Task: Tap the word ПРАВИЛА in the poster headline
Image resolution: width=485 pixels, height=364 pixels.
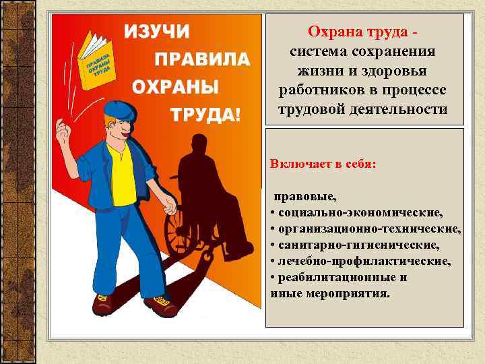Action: point(203,59)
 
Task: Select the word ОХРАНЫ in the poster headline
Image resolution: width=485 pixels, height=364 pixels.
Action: point(175,87)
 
